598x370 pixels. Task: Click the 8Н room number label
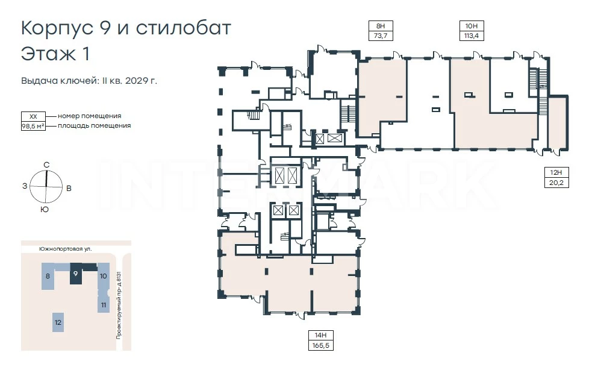381,26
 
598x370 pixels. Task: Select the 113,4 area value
472,36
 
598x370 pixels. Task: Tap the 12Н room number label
556,172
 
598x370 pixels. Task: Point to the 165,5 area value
321,345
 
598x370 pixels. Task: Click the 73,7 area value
381,36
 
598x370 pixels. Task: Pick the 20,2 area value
556,183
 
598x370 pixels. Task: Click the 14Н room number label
321,335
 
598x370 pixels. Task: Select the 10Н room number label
472,26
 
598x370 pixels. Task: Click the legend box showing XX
33,116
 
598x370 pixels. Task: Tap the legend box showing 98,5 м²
33,126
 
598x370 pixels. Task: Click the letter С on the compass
46,165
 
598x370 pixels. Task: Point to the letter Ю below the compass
45,210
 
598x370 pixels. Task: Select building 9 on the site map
76,274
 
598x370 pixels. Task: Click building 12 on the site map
58,322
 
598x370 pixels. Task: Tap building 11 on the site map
104,305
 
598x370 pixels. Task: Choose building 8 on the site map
48,276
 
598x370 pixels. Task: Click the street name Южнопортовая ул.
66,249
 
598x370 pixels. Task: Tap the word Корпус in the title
57,28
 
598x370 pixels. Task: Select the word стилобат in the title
184,28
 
